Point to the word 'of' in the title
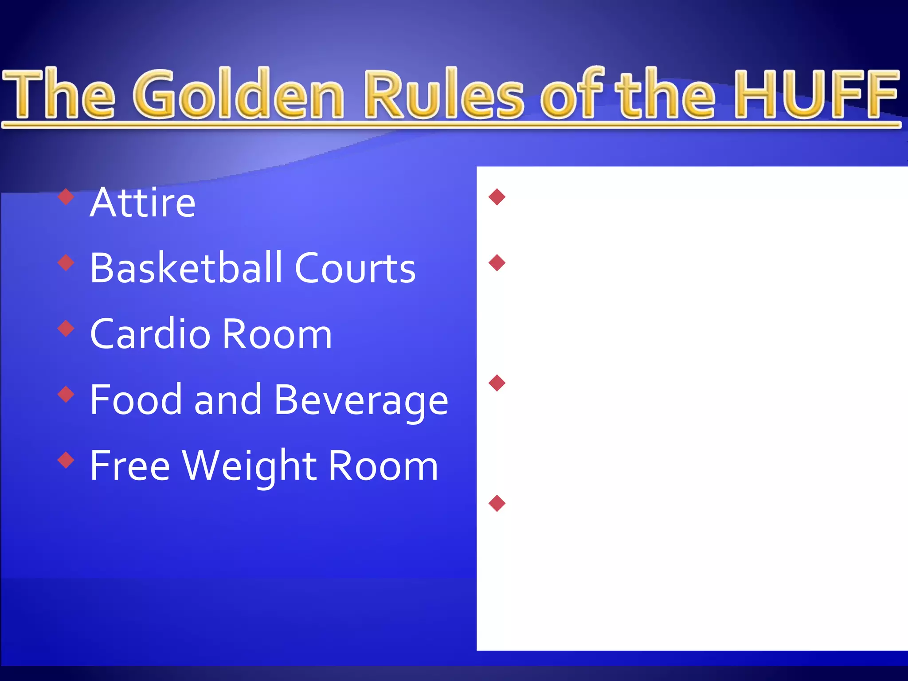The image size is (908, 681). click(572, 94)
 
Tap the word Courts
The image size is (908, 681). click(355, 268)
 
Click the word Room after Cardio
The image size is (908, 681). click(277, 334)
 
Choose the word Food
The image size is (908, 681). click(136, 399)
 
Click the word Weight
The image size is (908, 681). click(249, 466)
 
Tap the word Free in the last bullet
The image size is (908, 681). click(130, 465)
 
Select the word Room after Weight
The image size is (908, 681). click(384, 466)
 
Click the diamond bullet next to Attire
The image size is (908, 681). click(66, 197)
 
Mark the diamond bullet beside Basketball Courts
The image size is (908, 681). click(66, 262)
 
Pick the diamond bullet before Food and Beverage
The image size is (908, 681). click(66, 394)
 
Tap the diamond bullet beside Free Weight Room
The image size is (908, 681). click(66, 460)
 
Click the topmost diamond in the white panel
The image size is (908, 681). click(497, 197)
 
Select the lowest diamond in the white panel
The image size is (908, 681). click(497, 503)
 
